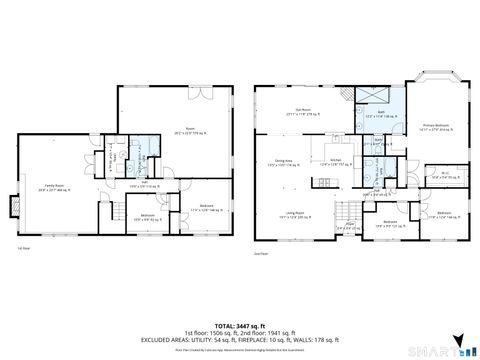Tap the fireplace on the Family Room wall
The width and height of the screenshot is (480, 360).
pos(13,207)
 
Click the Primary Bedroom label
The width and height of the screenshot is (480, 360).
pos(434,127)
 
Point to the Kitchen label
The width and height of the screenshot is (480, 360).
pos(338,162)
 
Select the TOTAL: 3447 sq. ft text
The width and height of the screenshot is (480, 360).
pos(239,325)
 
